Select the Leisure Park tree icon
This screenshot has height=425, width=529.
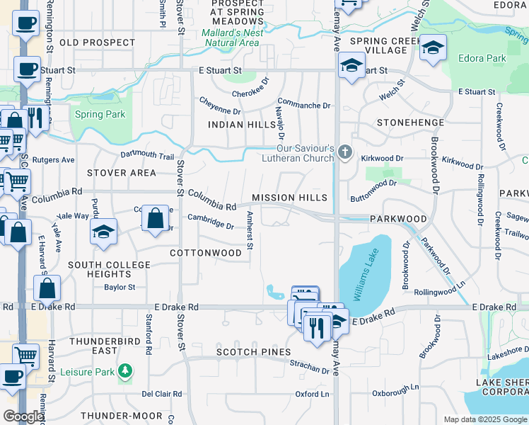tap(125, 370)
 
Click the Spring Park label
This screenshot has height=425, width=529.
tap(100, 114)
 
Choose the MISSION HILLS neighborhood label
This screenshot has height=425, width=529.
tap(290, 198)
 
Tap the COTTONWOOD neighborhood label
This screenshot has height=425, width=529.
tap(206, 253)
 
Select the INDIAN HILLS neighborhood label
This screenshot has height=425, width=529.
tap(241, 125)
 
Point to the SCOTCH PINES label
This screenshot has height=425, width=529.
tap(253, 352)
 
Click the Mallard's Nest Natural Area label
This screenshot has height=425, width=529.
tap(232, 38)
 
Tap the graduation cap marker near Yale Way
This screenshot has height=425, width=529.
tap(104, 232)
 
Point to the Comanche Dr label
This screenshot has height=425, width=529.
tap(304, 105)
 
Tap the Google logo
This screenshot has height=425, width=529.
tap(24, 417)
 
